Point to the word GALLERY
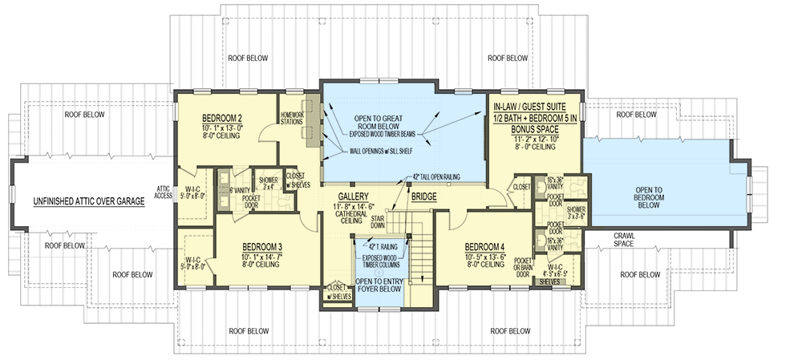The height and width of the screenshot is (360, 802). click(x=352, y=196)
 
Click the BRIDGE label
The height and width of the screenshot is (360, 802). click(x=423, y=196)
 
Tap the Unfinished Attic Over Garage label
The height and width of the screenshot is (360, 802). click(x=88, y=202)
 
